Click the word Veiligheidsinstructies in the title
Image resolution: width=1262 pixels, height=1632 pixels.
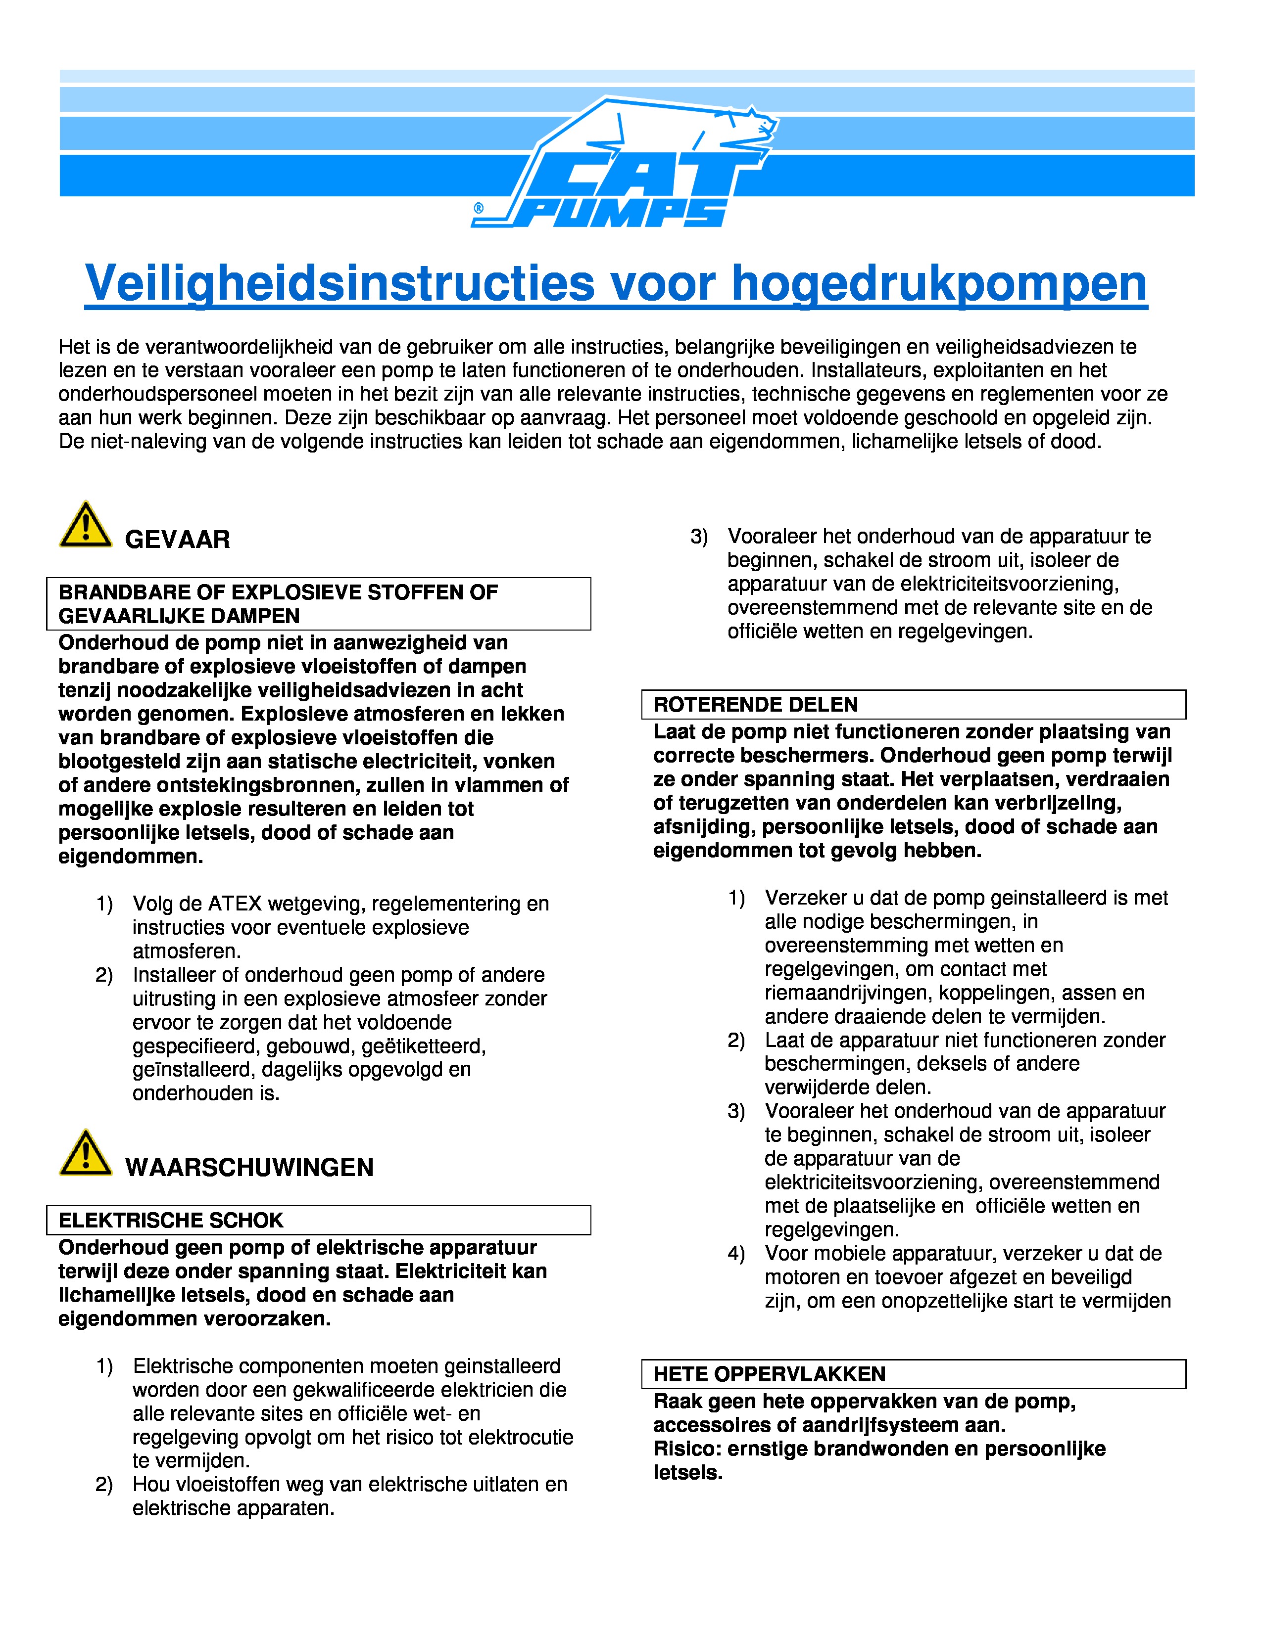340,284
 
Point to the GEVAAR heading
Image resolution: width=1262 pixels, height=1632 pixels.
177,540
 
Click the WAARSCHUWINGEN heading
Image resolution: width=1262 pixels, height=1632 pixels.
249,1167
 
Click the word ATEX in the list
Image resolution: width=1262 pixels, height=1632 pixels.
234,904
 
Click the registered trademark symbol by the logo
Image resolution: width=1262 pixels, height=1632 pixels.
479,209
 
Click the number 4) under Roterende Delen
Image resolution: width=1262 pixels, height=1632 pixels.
736,1254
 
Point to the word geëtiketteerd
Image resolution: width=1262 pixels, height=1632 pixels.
424,1046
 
